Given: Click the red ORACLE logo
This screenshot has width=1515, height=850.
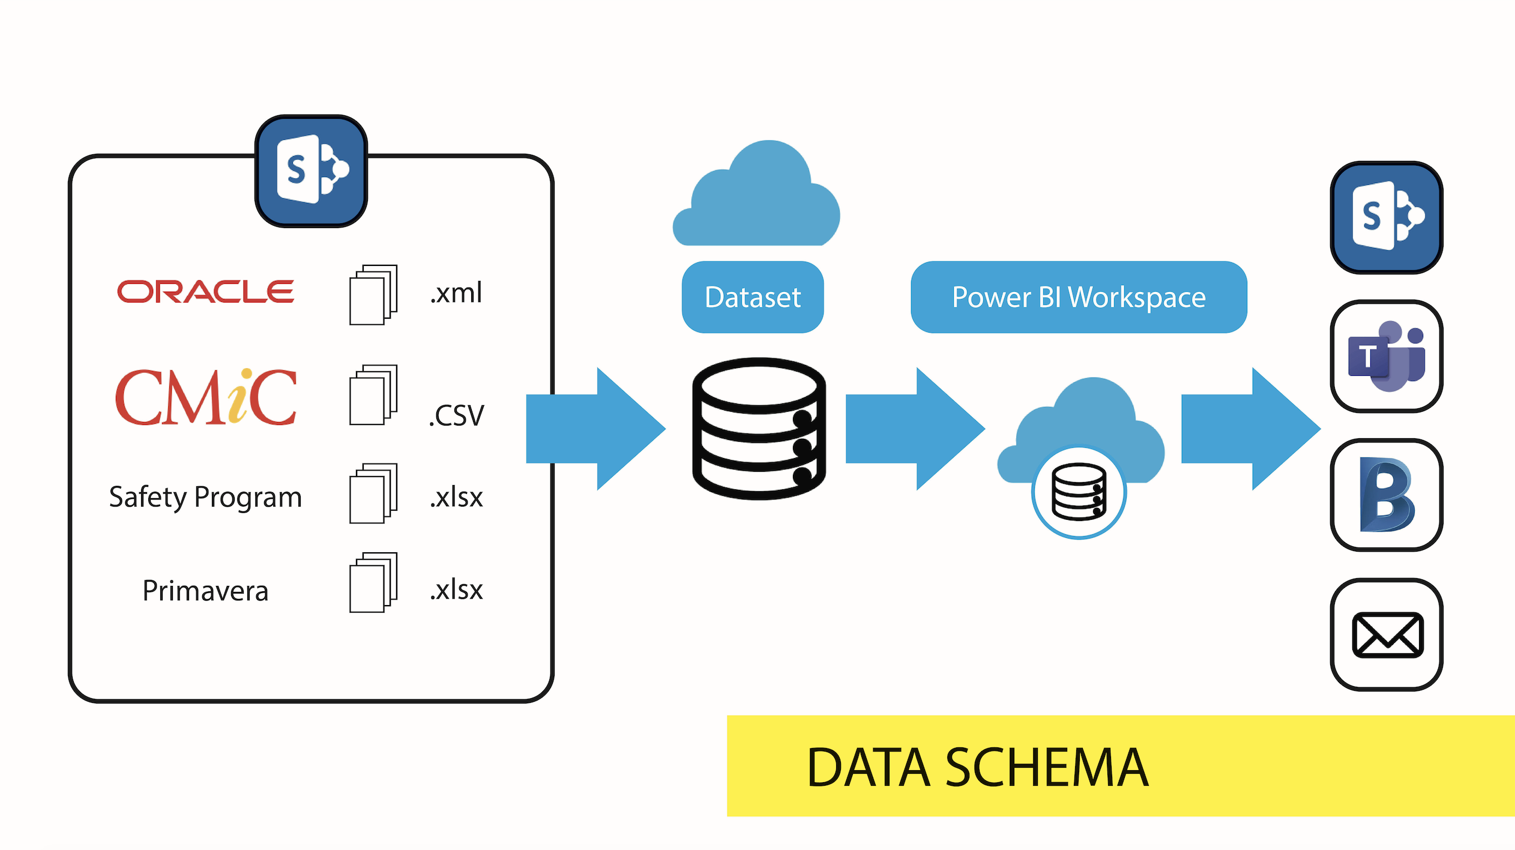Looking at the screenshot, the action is click(x=206, y=292).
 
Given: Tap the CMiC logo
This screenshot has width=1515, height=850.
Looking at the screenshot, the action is click(x=206, y=397).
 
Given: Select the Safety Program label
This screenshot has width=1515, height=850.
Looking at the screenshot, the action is click(x=205, y=498).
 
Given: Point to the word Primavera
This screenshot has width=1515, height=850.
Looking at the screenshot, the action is click(x=205, y=591).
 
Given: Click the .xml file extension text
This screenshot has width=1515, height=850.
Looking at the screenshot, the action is click(x=456, y=293).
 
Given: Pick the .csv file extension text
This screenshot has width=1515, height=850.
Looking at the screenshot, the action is click(x=456, y=415).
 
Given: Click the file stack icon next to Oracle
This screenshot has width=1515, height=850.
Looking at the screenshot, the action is click(x=373, y=295).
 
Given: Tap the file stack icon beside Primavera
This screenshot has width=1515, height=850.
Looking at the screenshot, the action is click(x=373, y=582).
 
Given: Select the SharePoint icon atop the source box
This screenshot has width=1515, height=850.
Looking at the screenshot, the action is click(x=311, y=171).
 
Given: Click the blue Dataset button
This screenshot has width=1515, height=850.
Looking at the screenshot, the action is click(x=753, y=297).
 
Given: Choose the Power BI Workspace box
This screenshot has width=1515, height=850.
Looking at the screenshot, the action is click(x=1079, y=297).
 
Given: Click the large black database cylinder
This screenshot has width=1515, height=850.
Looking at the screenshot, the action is click(x=759, y=429).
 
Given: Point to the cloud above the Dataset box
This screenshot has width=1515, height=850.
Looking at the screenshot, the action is click(x=756, y=193).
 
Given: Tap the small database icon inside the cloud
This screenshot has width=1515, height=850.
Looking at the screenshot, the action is click(x=1079, y=492).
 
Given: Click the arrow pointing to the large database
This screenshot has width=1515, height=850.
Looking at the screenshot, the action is click(x=596, y=429).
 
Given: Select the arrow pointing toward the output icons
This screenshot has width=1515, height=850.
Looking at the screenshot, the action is click(x=1251, y=429).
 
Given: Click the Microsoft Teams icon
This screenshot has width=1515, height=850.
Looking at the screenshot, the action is click(x=1387, y=357).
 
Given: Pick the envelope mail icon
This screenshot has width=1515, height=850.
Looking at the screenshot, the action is click(x=1387, y=634).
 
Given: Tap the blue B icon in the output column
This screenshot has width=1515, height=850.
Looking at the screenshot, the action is click(x=1387, y=495).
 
